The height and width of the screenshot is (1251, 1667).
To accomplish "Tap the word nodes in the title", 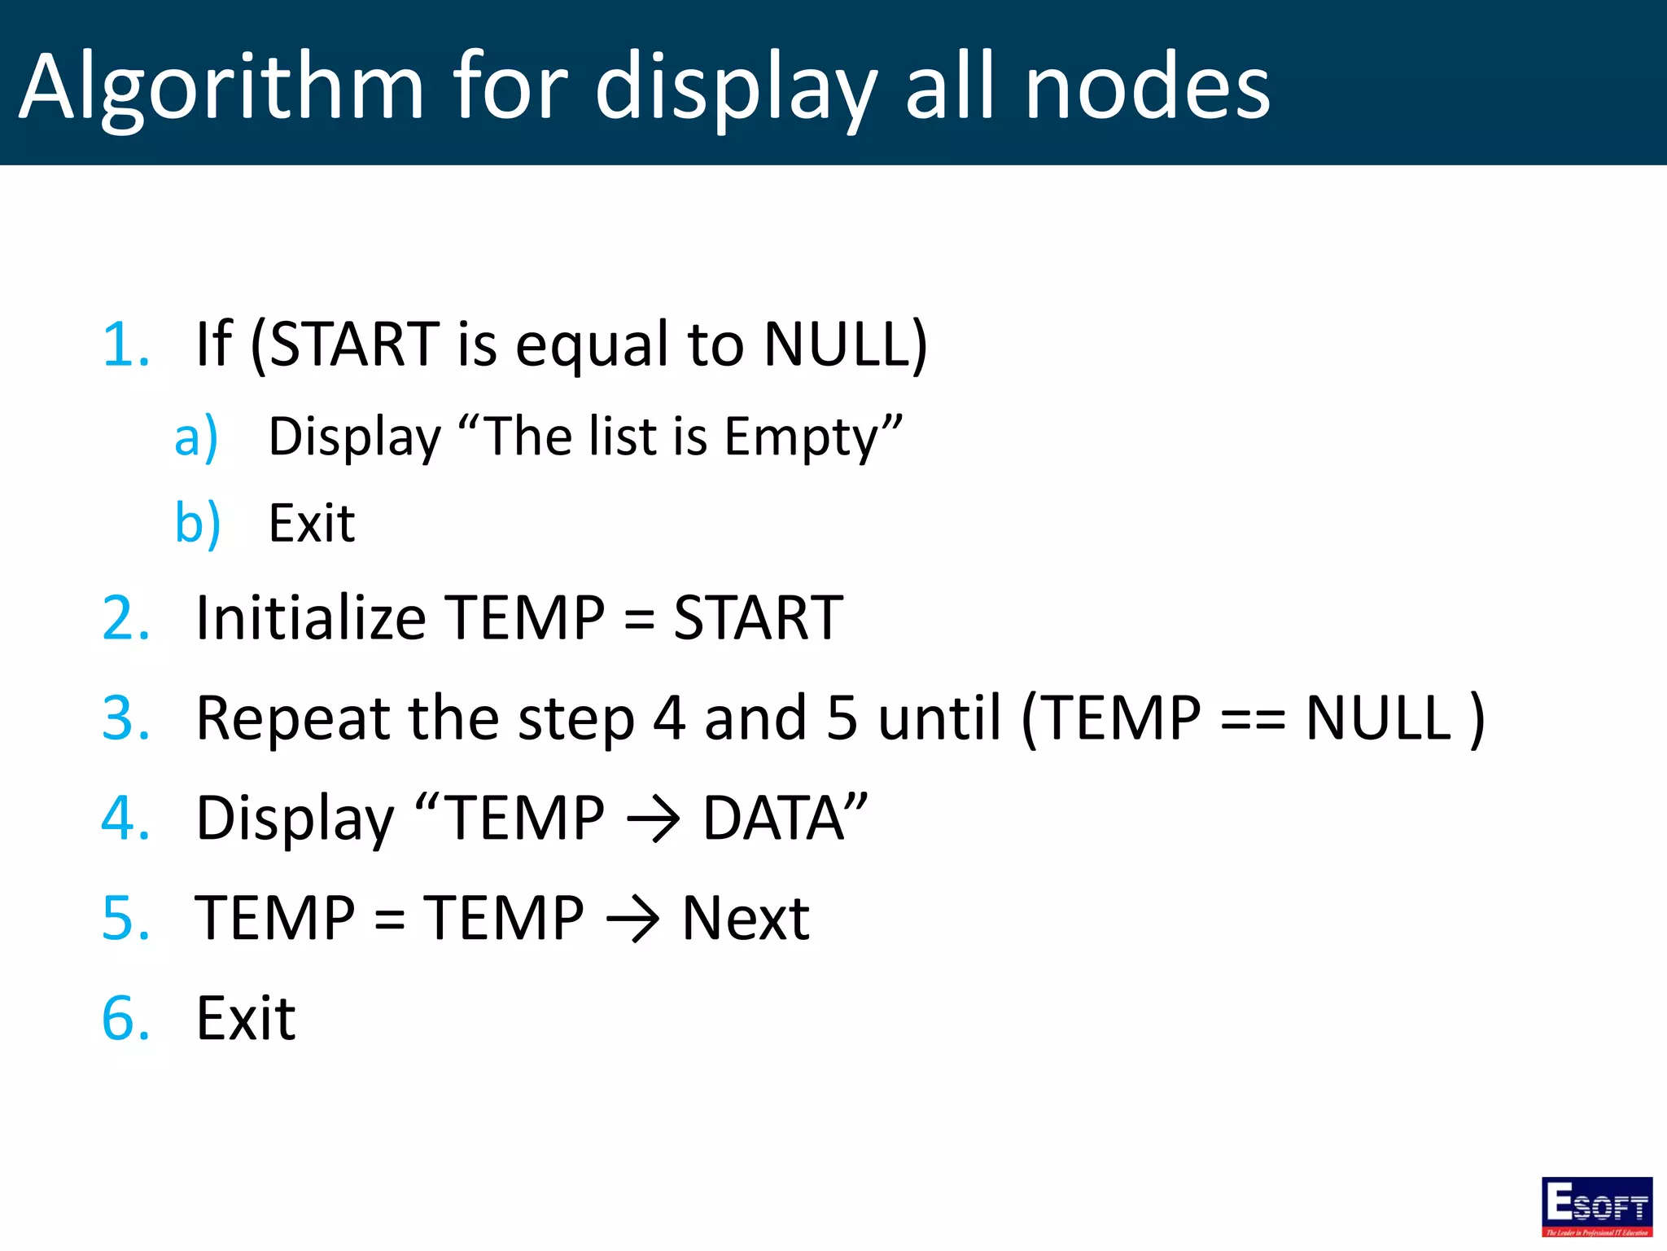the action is coord(1147,86).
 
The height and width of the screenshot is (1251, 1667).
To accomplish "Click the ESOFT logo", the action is coord(1596,1206).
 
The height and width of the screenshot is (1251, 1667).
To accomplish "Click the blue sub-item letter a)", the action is coord(196,437).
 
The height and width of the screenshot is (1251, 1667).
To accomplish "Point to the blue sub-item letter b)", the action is coord(198,523).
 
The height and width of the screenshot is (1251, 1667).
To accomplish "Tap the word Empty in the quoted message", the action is coord(801,437).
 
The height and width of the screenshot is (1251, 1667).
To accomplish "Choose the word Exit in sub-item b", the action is coord(312,523).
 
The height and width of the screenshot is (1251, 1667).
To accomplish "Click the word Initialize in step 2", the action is coord(311,617).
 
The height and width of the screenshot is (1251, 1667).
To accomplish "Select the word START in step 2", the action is coord(758,617).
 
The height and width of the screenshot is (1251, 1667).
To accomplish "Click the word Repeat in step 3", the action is coord(293,718).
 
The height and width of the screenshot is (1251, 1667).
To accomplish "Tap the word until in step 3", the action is coord(939,718).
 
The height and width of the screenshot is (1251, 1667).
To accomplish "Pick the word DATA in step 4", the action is coord(773,818).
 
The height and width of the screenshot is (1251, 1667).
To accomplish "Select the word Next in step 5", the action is coord(745,919).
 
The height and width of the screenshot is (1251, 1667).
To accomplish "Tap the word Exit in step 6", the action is coord(246,1019).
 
